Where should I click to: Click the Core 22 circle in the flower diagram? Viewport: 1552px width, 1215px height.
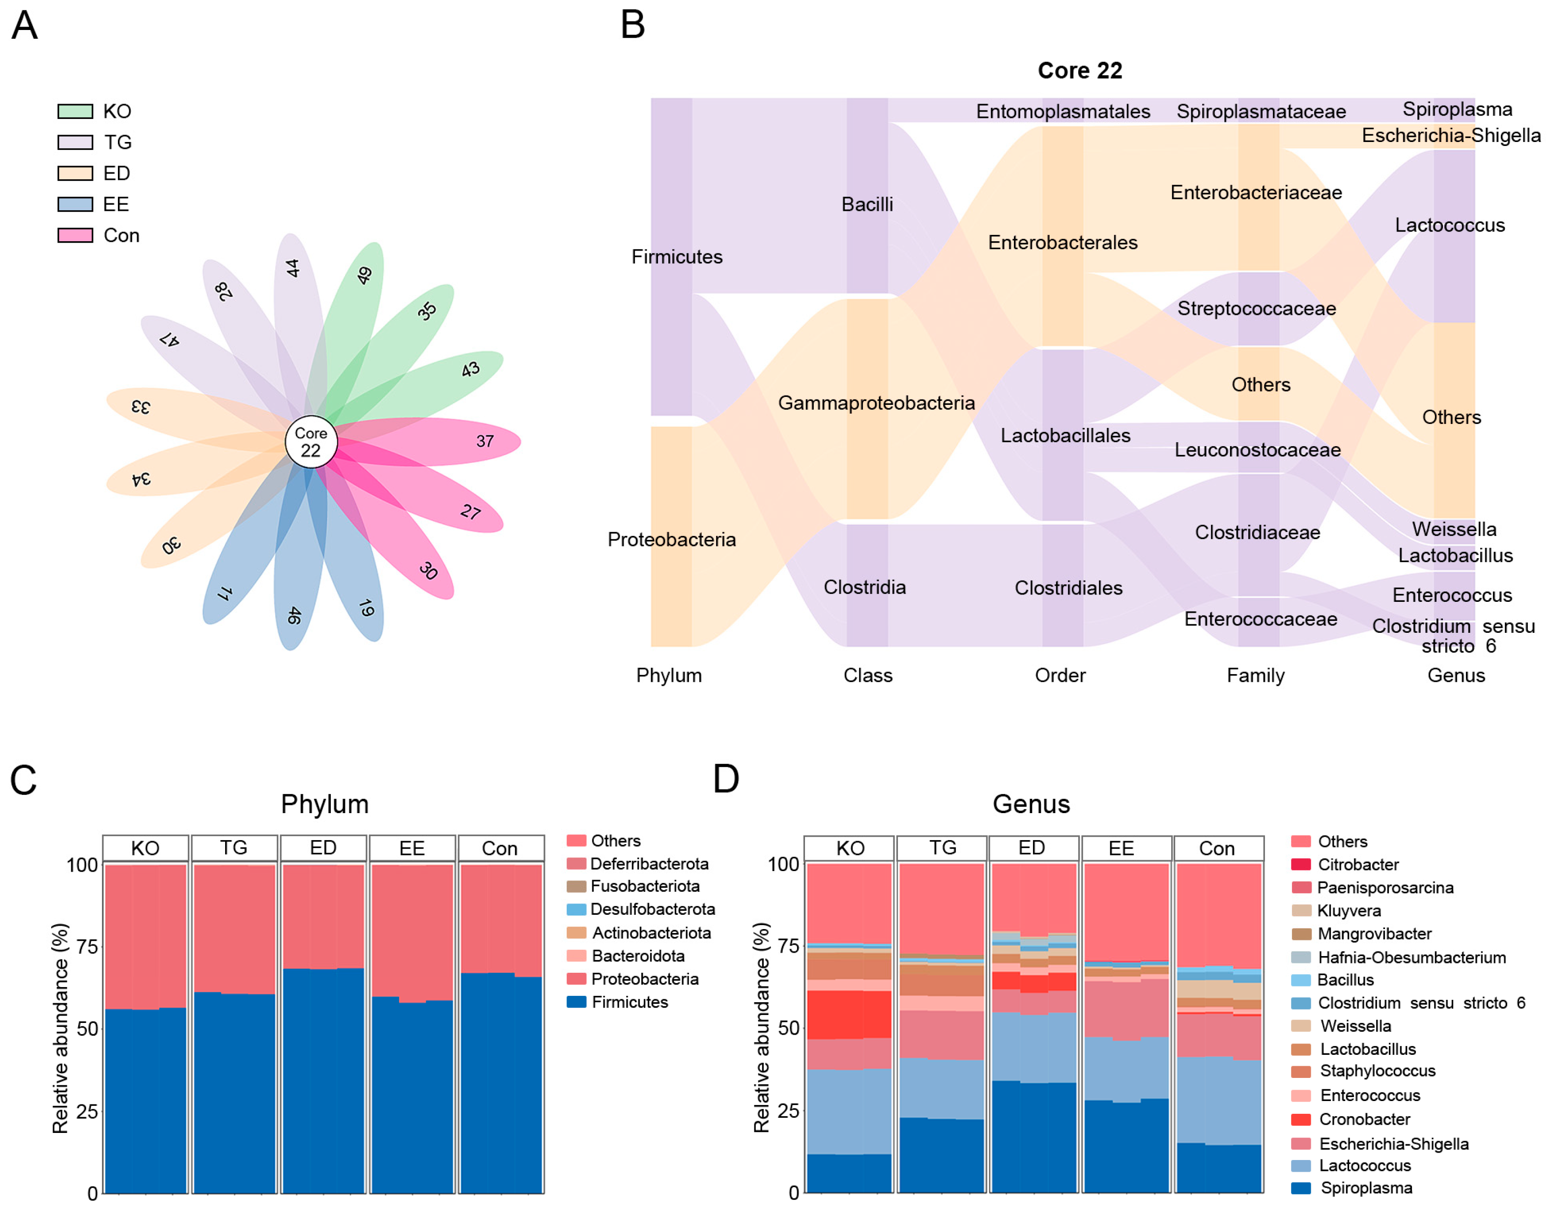(x=311, y=442)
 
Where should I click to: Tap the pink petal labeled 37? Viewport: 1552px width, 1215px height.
(x=470, y=441)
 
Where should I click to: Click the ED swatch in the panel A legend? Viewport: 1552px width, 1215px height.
(x=75, y=173)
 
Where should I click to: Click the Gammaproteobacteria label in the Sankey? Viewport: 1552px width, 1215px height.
(x=875, y=403)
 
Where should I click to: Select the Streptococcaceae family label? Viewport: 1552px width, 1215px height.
(x=1256, y=309)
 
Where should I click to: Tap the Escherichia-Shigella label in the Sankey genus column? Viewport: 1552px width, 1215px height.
(x=1450, y=135)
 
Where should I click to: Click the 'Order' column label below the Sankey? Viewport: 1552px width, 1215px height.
(x=1060, y=675)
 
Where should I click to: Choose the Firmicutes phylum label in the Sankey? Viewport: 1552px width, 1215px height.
(x=676, y=257)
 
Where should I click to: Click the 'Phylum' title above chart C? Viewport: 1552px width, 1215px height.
(x=324, y=804)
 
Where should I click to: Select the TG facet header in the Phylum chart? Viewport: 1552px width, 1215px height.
(x=233, y=848)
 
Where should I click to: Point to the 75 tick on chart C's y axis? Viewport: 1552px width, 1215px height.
(x=87, y=947)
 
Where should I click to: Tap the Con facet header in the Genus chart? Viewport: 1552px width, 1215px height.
(x=1216, y=848)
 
